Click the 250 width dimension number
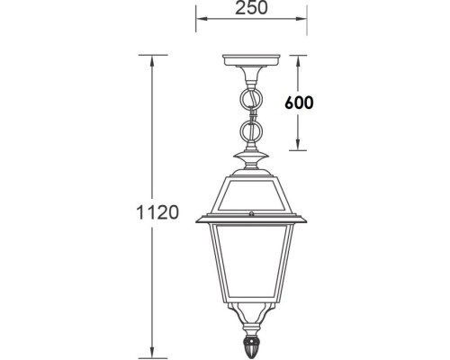pos(252,12)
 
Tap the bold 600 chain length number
pos(299,103)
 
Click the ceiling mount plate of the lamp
pos(251,64)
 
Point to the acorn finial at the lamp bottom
pos(251,346)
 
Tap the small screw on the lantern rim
pos(252,214)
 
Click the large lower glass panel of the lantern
pos(251,270)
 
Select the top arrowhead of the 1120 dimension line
pos(155,58)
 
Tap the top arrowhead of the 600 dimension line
pos(299,59)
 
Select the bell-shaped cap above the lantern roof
pos(251,166)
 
